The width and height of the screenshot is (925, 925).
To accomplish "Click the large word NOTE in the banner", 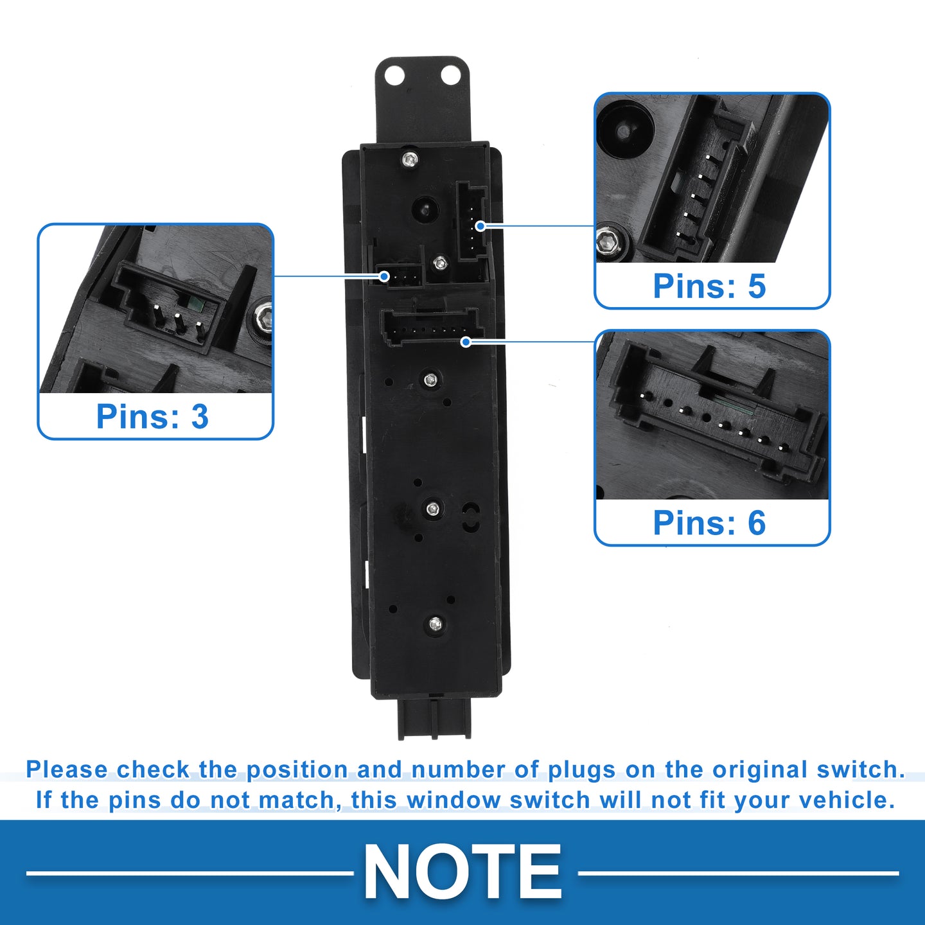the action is click(463, 872).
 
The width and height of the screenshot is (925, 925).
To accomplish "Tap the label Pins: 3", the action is click(153, 416).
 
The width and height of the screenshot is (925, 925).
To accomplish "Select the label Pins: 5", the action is click(709, 286).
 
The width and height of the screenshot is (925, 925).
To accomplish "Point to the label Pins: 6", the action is click(709, 523).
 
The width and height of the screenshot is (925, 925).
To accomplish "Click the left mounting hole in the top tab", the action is click(394, 75).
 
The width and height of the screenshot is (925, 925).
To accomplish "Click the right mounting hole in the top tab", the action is click(451, 75).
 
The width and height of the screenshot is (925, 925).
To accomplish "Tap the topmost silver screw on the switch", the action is click(410, 159).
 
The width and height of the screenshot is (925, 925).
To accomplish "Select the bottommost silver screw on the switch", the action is click(436, 624).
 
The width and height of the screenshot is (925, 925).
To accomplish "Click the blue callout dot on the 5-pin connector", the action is click(480, 226).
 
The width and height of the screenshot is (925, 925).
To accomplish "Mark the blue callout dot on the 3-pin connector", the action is click(384, 276).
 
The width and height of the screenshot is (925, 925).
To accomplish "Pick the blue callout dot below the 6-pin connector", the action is click(465, 342).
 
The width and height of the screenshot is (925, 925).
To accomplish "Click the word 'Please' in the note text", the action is click(67, 770).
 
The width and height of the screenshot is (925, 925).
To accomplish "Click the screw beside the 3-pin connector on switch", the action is click(440, 263).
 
